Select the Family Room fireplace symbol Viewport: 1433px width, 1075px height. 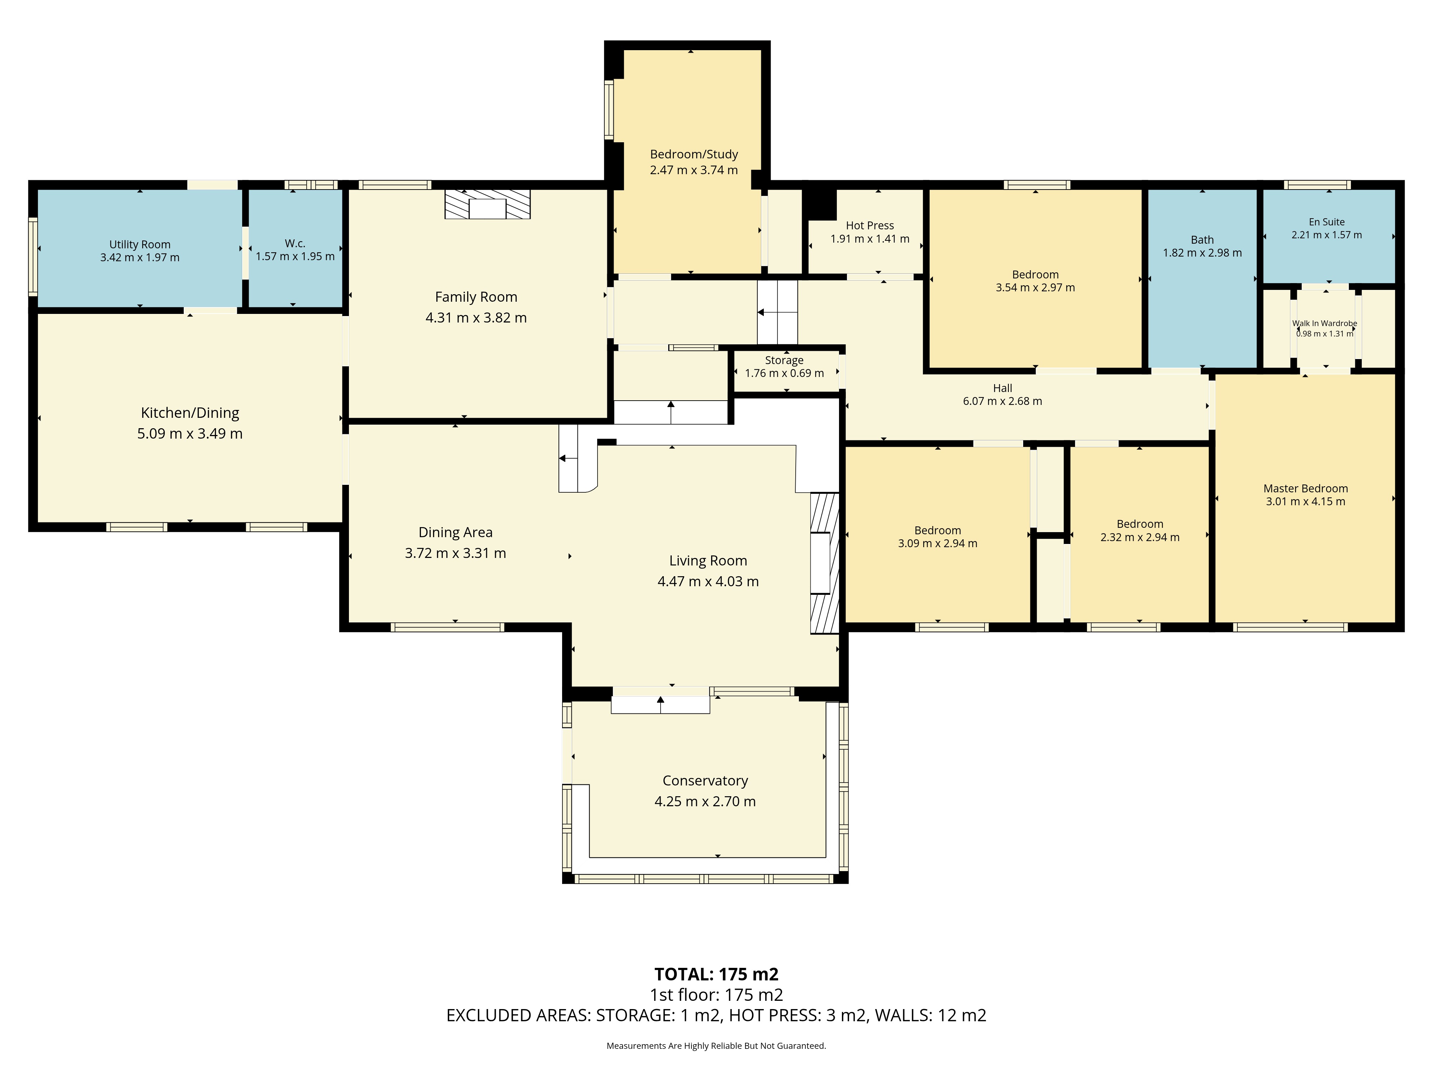(x=487, y=205)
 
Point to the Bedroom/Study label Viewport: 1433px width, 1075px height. (x=694, y=154)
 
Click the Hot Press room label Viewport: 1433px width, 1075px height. (x=869, y=225)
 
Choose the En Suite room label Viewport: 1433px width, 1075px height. (x=1326, y=221)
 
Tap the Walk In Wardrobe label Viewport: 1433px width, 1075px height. (x=1324, y=323)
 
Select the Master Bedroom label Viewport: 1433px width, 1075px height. (x=1305, y=488)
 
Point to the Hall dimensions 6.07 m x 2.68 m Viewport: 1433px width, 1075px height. (x=1002, y=401)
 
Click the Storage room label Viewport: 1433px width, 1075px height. (x=784, y=360)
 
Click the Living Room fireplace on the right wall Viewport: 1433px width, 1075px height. (x=824, y=563)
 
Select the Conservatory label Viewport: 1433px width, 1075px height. (x=705, y=781)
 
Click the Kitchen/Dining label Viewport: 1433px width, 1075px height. (x=190, y=413)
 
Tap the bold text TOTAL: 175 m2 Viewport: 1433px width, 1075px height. (x=716, y=974)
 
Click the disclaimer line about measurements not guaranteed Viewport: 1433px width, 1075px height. (x=716, y=1045)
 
